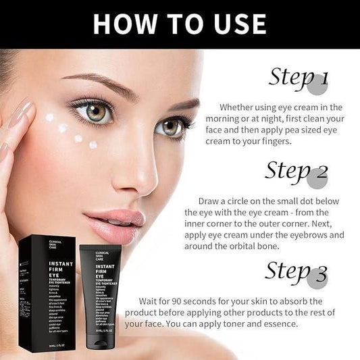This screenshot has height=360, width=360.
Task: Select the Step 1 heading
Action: (298, 77)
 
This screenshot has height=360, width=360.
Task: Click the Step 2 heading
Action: (297, 171)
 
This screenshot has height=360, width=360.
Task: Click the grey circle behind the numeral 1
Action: (317, 84)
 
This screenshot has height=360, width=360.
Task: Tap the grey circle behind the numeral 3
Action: (317, 278)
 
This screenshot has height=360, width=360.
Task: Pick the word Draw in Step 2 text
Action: (209, 201)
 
